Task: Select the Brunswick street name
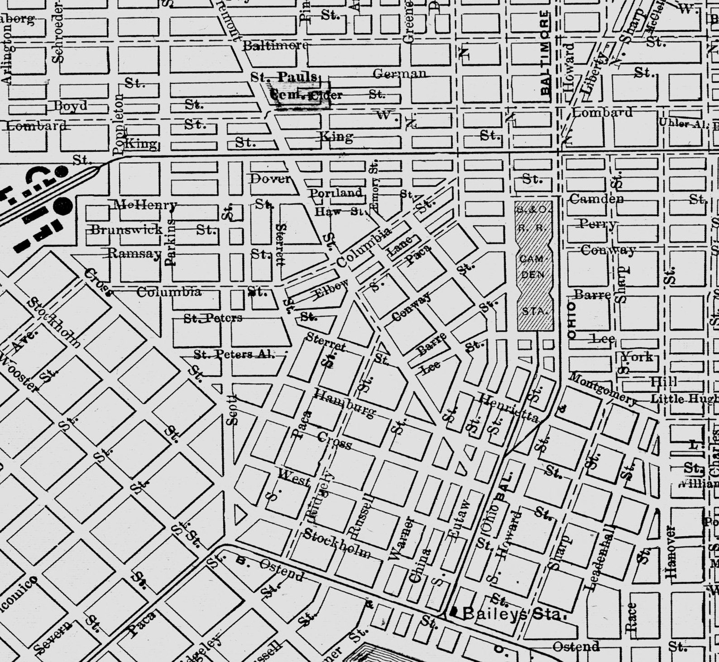click(x=127, y=229)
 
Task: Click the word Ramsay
click(x=134, y=253)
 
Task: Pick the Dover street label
click(x=270, y=179)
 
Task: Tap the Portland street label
click(x=336, y=193)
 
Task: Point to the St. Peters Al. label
click(x=234, y=354)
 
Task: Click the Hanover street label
click(x=671, y=552)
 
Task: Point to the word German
click(x=400, y=73)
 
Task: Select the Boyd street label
click(x=71, y=106)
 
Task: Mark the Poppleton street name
click(x=119, y=124)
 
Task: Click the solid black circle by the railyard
click(x=63, y=207)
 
